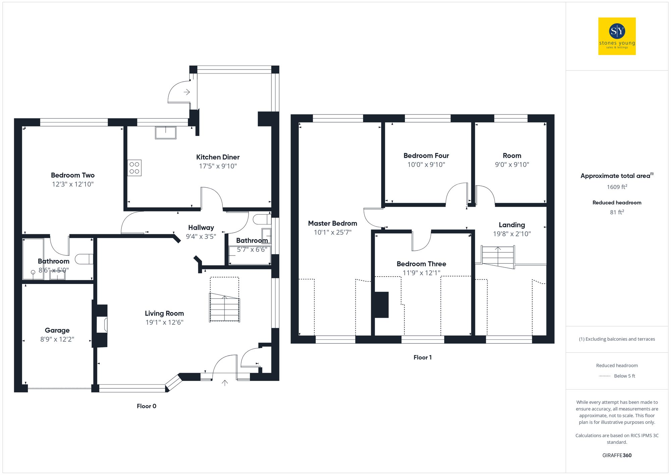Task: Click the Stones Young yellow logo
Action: tap(617, 36)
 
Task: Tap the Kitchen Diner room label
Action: tap(218, 157)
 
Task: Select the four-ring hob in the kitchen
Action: tap(134, 168)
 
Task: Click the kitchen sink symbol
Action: tap(165, 132)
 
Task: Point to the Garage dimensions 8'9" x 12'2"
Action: tap(57, 339)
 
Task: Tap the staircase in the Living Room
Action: tap(224, 307)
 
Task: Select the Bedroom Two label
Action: tap(72, 175)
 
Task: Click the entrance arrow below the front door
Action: tap(225, 383)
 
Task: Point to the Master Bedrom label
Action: tap(332, 224)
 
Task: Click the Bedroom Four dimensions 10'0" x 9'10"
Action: tap(426, 165)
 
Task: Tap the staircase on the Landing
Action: tap(498, 257)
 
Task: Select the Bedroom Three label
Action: tap(421, 264)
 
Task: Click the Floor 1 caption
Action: tap(422, 358)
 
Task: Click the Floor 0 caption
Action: tap(146, 406)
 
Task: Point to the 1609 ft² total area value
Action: tap(617, 187)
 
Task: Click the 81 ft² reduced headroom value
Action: tap(617, 212)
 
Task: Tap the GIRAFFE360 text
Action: tap(617, 456)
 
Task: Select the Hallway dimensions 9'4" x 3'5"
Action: tap(201, 237)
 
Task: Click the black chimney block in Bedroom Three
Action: tap(381, 305)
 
